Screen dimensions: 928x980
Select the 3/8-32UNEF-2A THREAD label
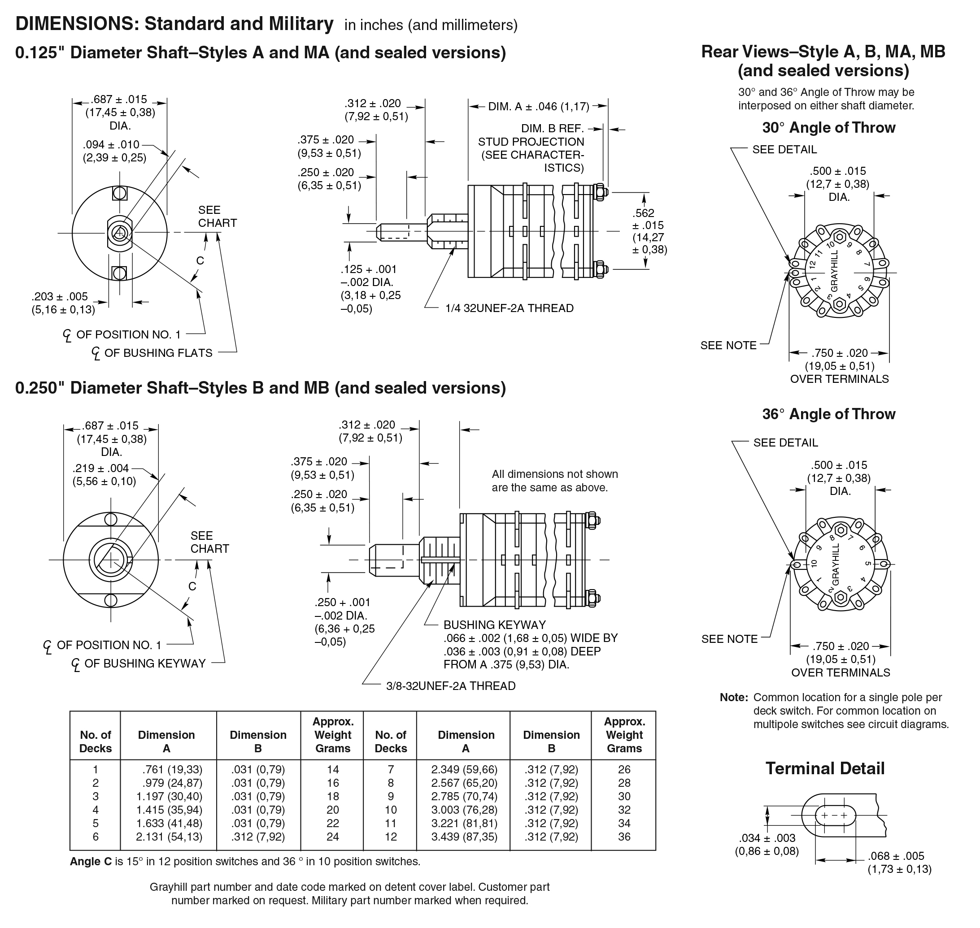pyautogui.click(x=450, y=685)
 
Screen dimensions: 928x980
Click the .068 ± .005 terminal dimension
pyautogui.click(x=896, y=856)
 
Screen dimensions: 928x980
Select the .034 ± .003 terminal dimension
pyautogui.click(x=767, y=838)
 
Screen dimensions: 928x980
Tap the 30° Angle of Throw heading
pyautogui.click(x=828, y=128)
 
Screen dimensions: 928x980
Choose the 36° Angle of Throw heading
pyautogui.click(x=828, y=414)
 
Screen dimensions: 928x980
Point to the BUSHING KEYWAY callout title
pyautogui.click(x=494, y=625)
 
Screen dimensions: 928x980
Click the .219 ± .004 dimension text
pyautogui.click(x=100, y=468)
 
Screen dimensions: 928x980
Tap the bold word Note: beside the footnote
pyautogui.click(x=733, y=698)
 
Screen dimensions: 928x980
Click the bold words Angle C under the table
pyautogui.click(x=91, y=861)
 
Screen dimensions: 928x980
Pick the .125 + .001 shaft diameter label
pyautogui.click(x=368, y=269)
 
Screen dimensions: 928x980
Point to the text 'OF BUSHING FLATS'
pyautogui.click(x=158, y=353)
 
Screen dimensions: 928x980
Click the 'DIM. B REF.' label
pyautogui.click(x=553, y=129)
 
